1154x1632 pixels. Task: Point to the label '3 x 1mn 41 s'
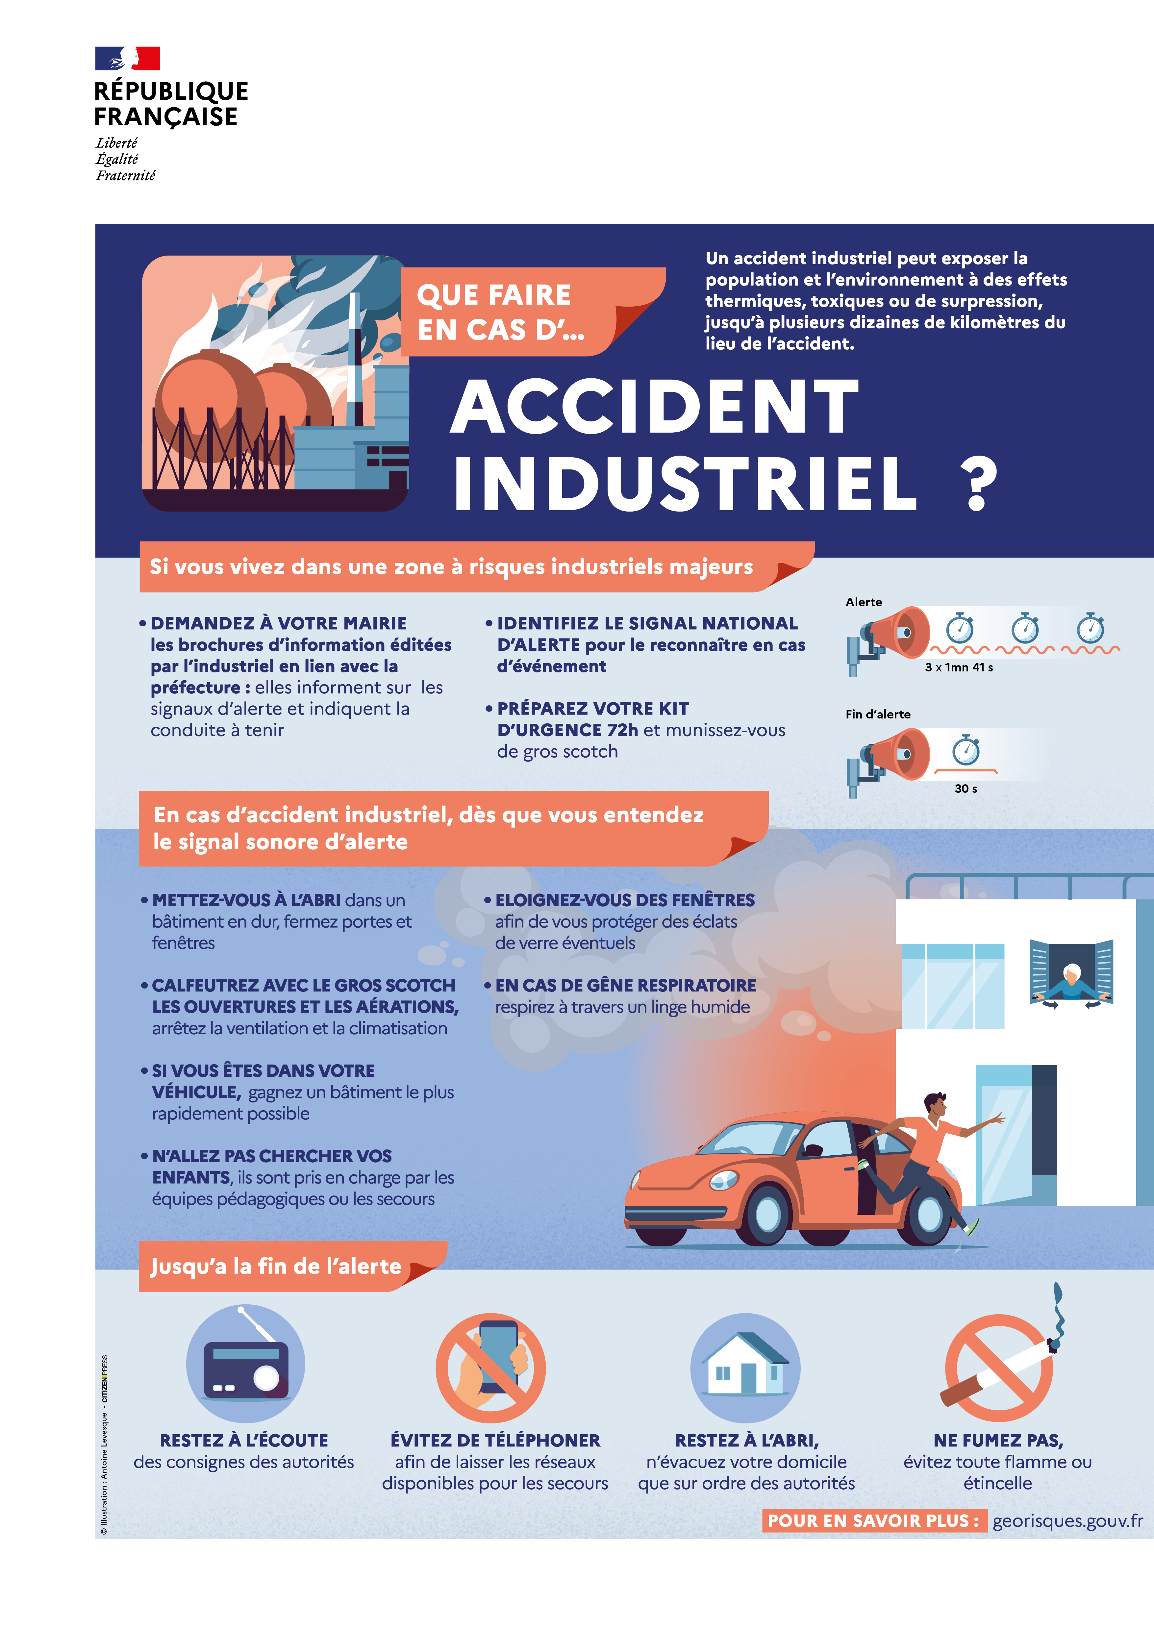959,667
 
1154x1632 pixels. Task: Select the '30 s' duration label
966,788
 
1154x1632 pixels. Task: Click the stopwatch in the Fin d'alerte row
966,749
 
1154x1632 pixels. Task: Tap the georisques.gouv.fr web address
1067,1521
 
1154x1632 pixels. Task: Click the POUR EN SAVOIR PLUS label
873,1521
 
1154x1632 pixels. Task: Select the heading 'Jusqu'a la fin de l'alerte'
276,1267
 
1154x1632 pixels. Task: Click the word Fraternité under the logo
126,176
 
